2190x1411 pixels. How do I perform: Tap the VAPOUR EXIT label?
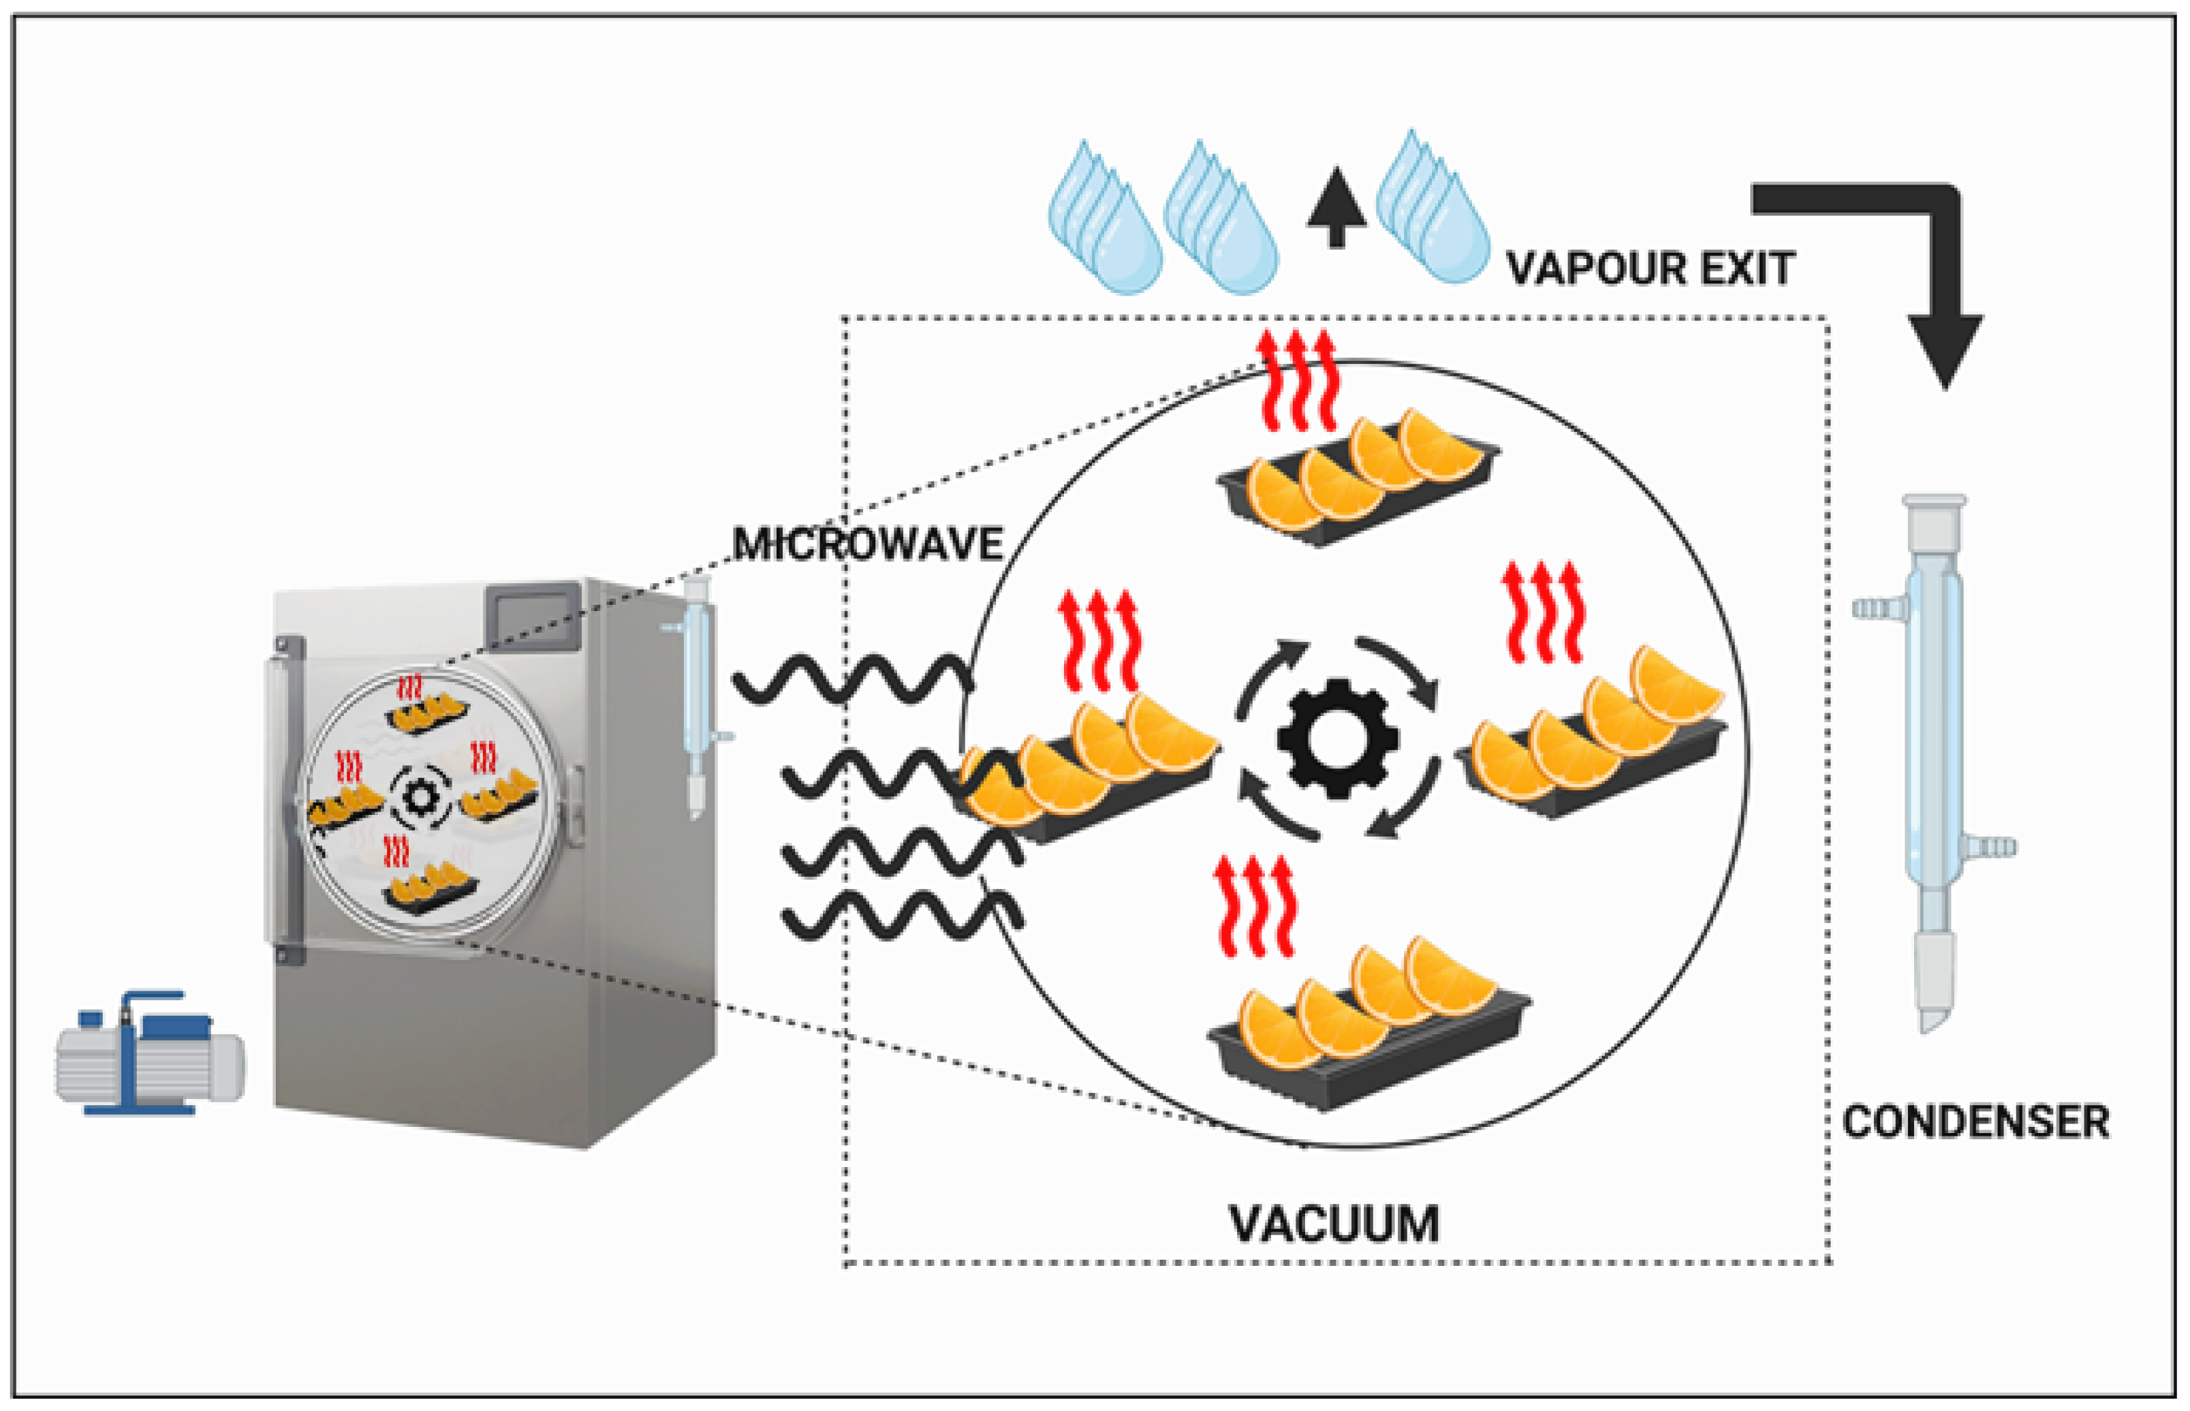(1650, 268)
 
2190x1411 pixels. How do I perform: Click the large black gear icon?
(1337, 739)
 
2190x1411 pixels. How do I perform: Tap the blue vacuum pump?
(149, 1054)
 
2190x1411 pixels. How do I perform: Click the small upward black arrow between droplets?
(1336, 207)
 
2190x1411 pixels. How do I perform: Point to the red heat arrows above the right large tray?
(1544, 611)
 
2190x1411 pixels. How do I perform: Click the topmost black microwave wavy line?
(852, 679)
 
